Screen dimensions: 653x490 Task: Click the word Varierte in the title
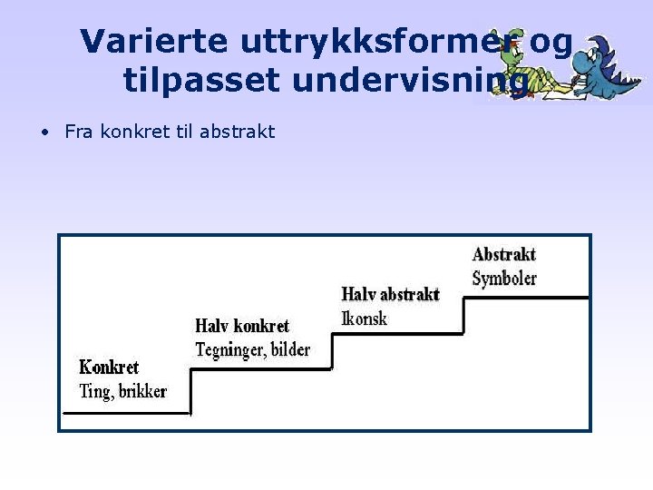[x=155, y=41]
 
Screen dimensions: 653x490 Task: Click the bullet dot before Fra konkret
[x=44, y=132]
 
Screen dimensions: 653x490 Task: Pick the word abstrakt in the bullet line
[x=237, y=132]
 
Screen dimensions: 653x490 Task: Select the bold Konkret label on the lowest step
[x=109, y=367]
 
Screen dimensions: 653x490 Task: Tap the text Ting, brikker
[x=123, y=391]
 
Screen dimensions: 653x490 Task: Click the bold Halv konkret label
[x=242, y=326]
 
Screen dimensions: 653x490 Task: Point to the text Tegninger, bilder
[x=253, y=349]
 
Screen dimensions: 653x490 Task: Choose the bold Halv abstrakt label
[x=390, y=294]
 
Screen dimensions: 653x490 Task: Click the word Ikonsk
[x=365, y=318]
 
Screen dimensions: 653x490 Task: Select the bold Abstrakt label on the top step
[x=504, y=254]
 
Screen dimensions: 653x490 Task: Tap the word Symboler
[x=504, y=278]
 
